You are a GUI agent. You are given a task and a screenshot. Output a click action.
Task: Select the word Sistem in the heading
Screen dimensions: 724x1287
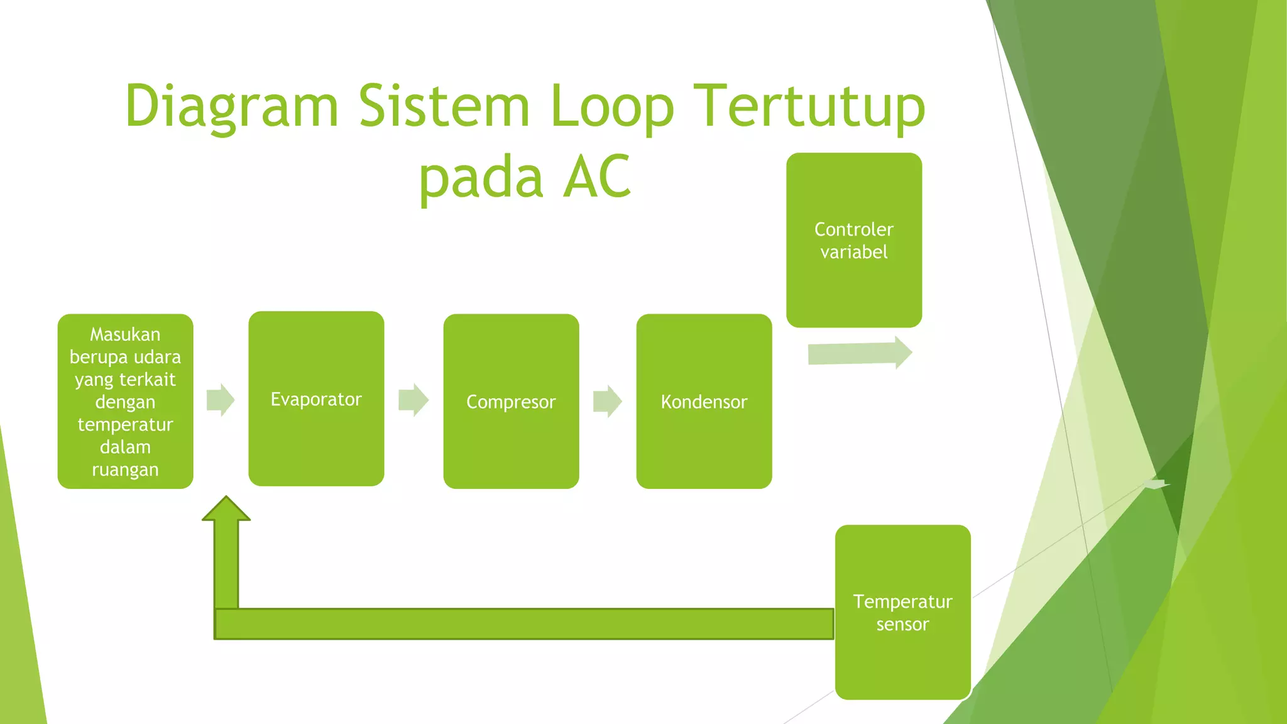click(444, 106)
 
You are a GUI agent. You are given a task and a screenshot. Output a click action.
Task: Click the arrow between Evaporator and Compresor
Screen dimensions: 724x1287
click(413, 400)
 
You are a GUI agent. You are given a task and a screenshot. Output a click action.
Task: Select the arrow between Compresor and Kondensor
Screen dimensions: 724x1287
click(608, 401)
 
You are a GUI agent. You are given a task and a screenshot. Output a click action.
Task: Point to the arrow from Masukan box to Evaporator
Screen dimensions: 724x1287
click(221, 400)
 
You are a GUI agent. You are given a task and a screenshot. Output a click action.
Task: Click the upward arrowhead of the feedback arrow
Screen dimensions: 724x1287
click(226, 510)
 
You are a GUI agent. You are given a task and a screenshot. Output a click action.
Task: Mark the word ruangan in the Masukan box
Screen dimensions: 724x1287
click(125, 470)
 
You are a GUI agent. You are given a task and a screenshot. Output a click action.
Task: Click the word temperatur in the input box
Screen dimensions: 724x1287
click(125, 425)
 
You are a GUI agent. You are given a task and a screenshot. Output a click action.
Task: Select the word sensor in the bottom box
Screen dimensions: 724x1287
click(902, 624)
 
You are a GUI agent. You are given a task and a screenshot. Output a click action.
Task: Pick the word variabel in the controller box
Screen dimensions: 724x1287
click(853, 252)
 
